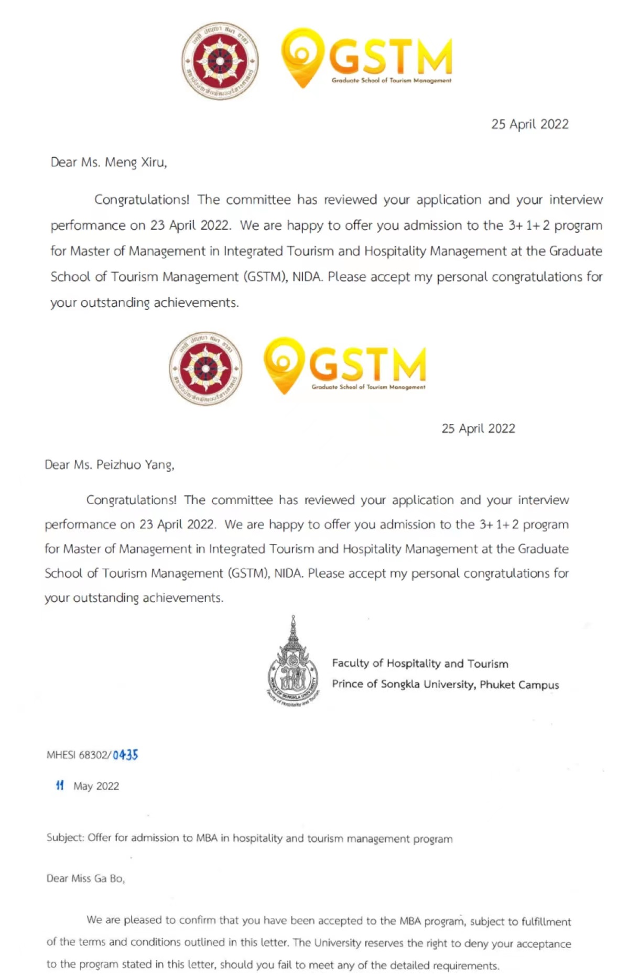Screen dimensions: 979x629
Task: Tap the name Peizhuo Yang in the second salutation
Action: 135,465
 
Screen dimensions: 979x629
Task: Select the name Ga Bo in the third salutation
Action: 109,878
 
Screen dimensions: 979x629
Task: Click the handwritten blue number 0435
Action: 125,755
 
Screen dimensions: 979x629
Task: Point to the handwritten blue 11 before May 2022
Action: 60,785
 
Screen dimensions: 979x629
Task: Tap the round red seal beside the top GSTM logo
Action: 220,61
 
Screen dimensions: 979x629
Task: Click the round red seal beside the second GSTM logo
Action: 206,368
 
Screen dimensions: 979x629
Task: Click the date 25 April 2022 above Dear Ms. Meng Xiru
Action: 529,124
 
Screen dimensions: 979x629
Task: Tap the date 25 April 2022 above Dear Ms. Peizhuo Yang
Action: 478,429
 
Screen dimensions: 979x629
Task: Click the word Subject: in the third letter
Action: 65,837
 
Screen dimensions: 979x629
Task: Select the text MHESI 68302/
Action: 79,755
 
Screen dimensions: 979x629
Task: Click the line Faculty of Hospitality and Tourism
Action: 420,663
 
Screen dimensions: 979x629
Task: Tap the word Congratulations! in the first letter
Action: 142,200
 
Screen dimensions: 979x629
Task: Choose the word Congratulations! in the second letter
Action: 131,500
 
